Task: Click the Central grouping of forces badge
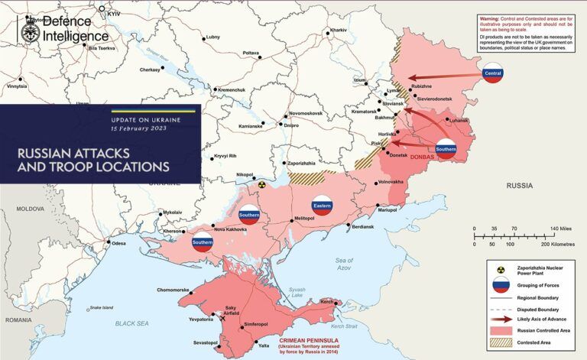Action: click(493, 74)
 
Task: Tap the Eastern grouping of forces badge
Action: click(322, 205)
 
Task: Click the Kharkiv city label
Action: click(338, 30)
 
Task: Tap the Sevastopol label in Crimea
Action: click(205, 342)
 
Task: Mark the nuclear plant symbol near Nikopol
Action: click(261, 184)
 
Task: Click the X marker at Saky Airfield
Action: click(223, 319)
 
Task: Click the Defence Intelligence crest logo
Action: click(30, 32)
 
